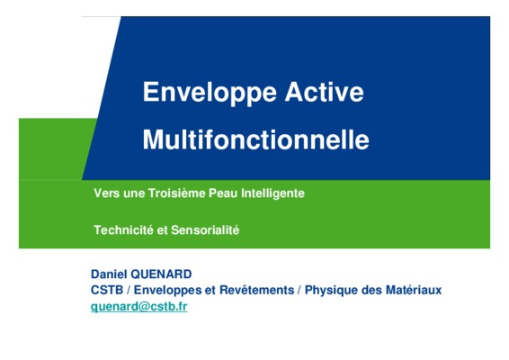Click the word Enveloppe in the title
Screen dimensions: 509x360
coord(210,93)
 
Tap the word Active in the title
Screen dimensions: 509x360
coord(324,92)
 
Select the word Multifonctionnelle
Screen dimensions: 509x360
coord(255,139)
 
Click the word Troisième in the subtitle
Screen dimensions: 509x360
coord(177,193)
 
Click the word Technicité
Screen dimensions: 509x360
coord(123,230)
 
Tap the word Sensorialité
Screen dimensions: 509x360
coord(205,230)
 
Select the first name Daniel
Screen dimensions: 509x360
coord(109,274)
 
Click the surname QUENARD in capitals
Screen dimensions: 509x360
coord(161,274)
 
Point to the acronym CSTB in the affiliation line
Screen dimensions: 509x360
coord(107,290)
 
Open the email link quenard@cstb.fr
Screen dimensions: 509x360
coord(138,307)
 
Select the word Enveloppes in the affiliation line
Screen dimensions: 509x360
coord(168,290)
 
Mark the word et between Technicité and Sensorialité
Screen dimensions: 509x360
coord(162,230)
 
